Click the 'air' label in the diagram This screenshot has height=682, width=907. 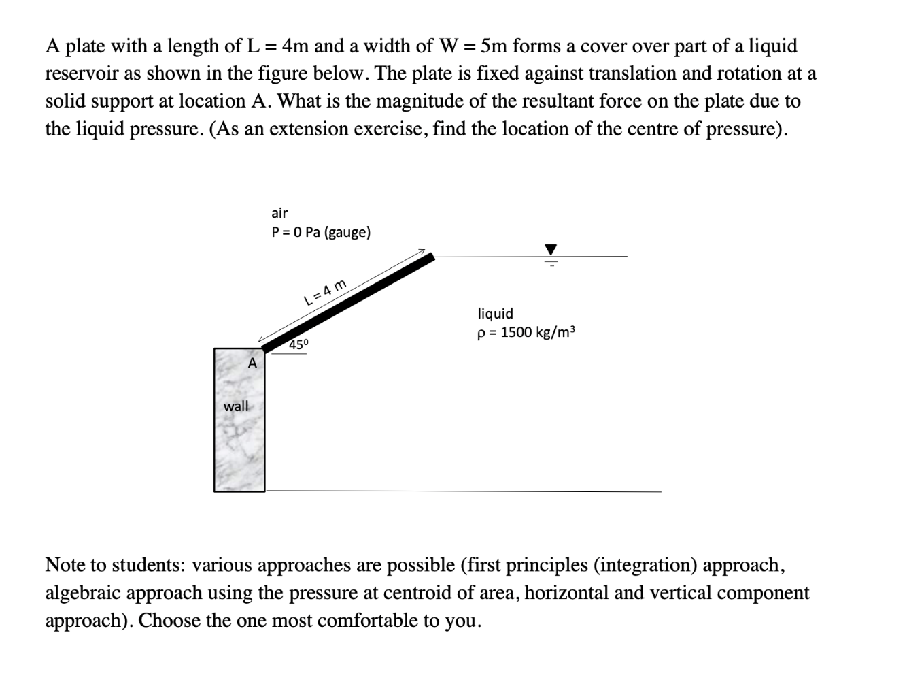coord(279,213)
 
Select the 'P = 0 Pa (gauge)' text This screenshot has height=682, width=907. coord(321,232)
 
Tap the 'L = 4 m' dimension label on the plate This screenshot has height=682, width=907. coord(325,291)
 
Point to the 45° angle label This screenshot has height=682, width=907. coord(298,344)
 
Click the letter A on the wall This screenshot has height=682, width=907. coord(252,363)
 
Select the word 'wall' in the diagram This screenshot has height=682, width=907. coord(236,406)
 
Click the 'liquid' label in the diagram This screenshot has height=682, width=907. coord(496,314)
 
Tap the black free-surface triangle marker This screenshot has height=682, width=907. coord(551,249)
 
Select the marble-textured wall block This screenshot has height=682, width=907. coord(239,442)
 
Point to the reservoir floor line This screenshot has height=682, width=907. coord(462,491)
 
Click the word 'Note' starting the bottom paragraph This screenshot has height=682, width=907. coord(65,565)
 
